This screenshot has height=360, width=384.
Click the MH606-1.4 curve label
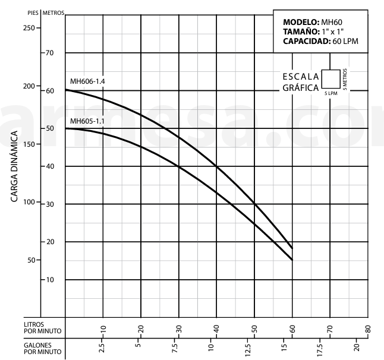pyautogui.click(x=87, y=81)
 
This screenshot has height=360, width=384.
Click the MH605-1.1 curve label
pyautogui.click(x=87, y=121)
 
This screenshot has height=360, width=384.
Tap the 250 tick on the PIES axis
pyautogui.click(x=28, y=27)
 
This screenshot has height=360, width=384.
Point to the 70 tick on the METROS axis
pyautogui.click(x=50, y=53)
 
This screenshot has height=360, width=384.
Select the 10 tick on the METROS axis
pyautogui.click(x=50, y=279)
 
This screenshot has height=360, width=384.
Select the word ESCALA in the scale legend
pyautogui.click(x=300, y=77)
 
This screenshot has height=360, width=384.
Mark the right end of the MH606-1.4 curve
pyautogui.click(x=292, y=248)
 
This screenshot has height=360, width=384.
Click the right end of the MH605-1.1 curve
pyautogui.click(x=292, y=260)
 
